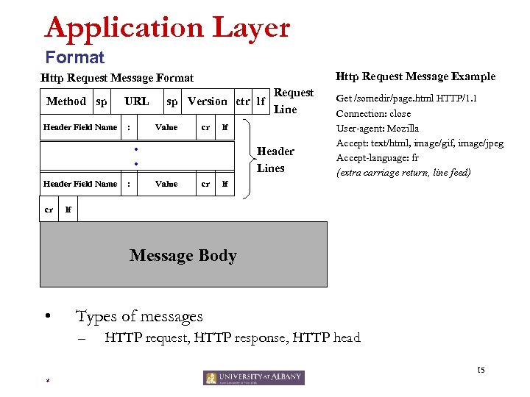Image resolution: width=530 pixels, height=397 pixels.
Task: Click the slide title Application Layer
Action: click(167, 29)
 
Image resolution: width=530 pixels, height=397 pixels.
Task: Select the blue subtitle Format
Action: click(74, 57)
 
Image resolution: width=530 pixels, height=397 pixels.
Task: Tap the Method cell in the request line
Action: click(66, 101)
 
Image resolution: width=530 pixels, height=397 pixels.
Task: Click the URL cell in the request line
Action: click(136, 101)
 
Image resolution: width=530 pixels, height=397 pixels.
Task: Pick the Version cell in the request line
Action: click(207, 101)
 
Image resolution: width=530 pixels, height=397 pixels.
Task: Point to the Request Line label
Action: click(293, 101)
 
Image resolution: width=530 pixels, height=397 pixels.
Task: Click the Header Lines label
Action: click(275, 160)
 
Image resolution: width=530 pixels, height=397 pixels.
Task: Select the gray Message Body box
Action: click(183, 254)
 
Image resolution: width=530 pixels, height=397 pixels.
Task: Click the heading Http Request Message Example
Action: click(415, 76)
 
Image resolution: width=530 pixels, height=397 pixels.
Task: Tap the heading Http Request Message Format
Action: click(117, 78)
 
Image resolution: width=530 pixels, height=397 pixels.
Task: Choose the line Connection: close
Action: click(373, 114)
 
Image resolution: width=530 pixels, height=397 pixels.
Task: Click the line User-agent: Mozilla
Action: click(378, 129)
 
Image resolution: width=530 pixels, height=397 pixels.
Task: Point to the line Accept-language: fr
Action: click(378, 158)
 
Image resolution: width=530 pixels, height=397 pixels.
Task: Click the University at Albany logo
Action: click(253, 377)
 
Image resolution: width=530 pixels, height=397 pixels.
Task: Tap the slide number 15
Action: click(481, 369)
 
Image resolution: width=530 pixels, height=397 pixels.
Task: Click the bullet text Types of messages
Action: click(139, 317)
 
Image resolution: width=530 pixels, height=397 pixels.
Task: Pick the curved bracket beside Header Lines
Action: click(247, 160)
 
